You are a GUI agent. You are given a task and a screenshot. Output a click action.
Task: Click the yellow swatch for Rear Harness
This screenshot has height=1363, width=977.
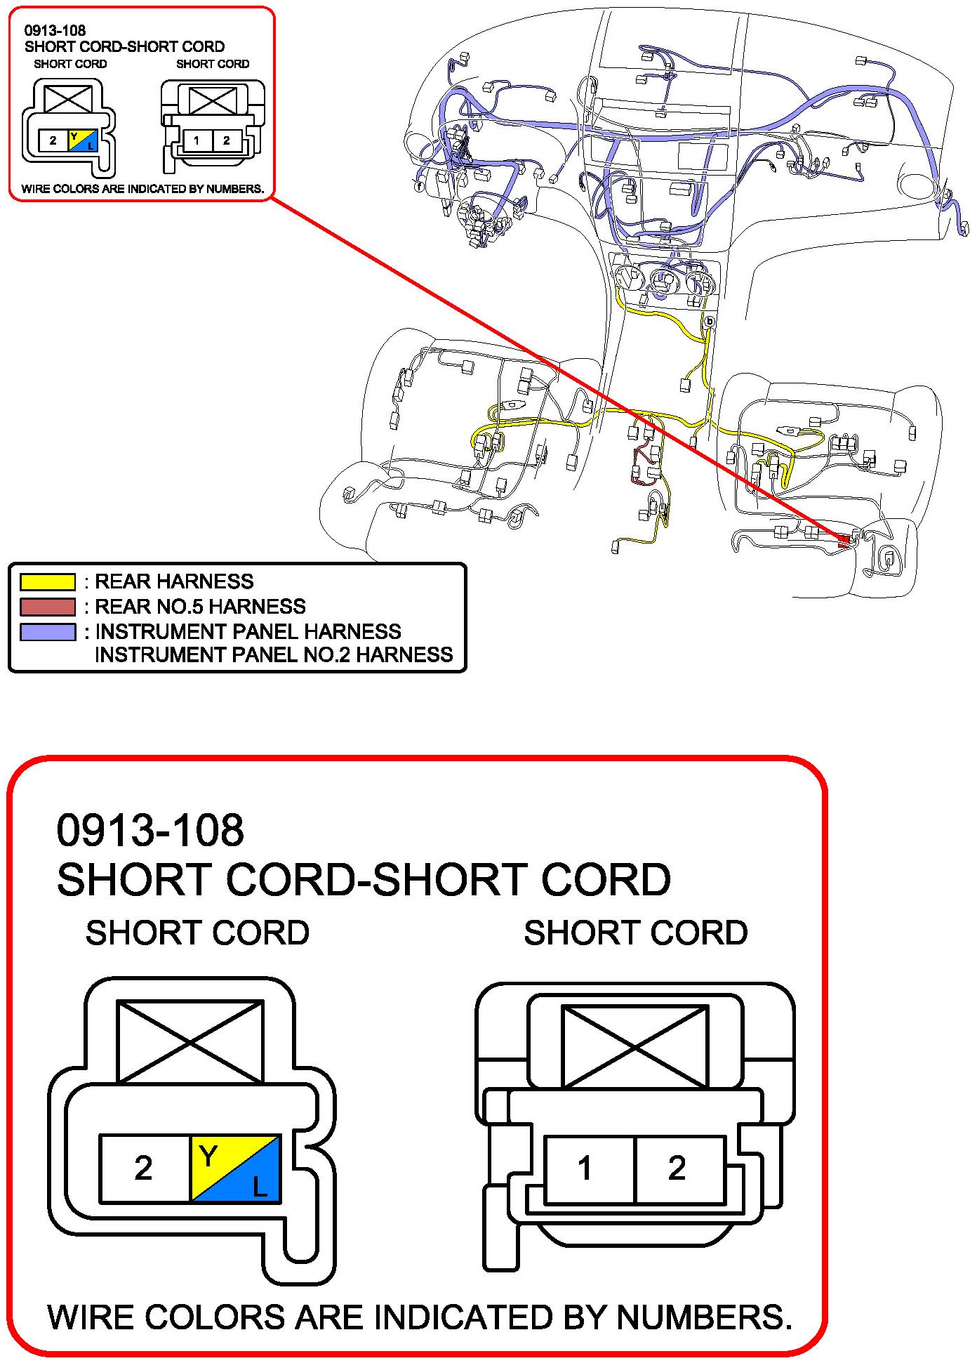[x=47, y=581]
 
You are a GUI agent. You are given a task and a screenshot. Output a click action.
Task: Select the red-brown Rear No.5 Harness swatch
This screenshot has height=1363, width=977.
[x=47, y=606]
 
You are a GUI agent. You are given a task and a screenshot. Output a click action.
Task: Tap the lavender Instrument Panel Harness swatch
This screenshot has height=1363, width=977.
[x=47, y=631]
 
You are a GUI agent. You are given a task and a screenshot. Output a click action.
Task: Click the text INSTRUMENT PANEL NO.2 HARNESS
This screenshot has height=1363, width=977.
[x=274, y=655]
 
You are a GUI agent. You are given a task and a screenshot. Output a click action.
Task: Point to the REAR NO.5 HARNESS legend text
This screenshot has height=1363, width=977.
[x=200, y=606]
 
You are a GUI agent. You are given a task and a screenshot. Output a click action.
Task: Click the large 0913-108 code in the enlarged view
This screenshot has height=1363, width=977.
[x=150, y=829]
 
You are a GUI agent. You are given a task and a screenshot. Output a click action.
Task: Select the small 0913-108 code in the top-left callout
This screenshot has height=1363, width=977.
[x=55, y=30]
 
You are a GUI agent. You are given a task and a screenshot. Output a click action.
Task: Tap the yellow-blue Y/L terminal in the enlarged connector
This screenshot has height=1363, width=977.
[x=235, y=1168]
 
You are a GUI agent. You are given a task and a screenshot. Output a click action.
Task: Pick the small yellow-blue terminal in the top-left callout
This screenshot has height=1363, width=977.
[x=82, y=140]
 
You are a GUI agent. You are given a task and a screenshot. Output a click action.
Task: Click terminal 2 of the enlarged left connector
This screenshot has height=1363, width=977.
[x=144, y=1168]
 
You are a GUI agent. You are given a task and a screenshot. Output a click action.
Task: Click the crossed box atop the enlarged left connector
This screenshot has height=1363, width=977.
[x=190, y=1042]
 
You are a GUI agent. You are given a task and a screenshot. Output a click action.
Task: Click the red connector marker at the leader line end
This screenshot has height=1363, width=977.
[x=844, y=541]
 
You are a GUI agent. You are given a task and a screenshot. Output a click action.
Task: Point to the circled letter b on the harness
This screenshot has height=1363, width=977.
[x=710, y=322]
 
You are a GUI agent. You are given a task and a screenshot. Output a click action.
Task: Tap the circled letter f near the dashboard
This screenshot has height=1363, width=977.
[x=419, y=187]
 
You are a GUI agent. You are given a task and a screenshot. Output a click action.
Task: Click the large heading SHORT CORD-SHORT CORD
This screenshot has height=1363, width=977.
[x=364, y=879]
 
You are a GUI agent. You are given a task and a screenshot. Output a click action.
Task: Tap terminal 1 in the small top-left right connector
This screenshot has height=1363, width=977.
[x=197, y=140]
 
